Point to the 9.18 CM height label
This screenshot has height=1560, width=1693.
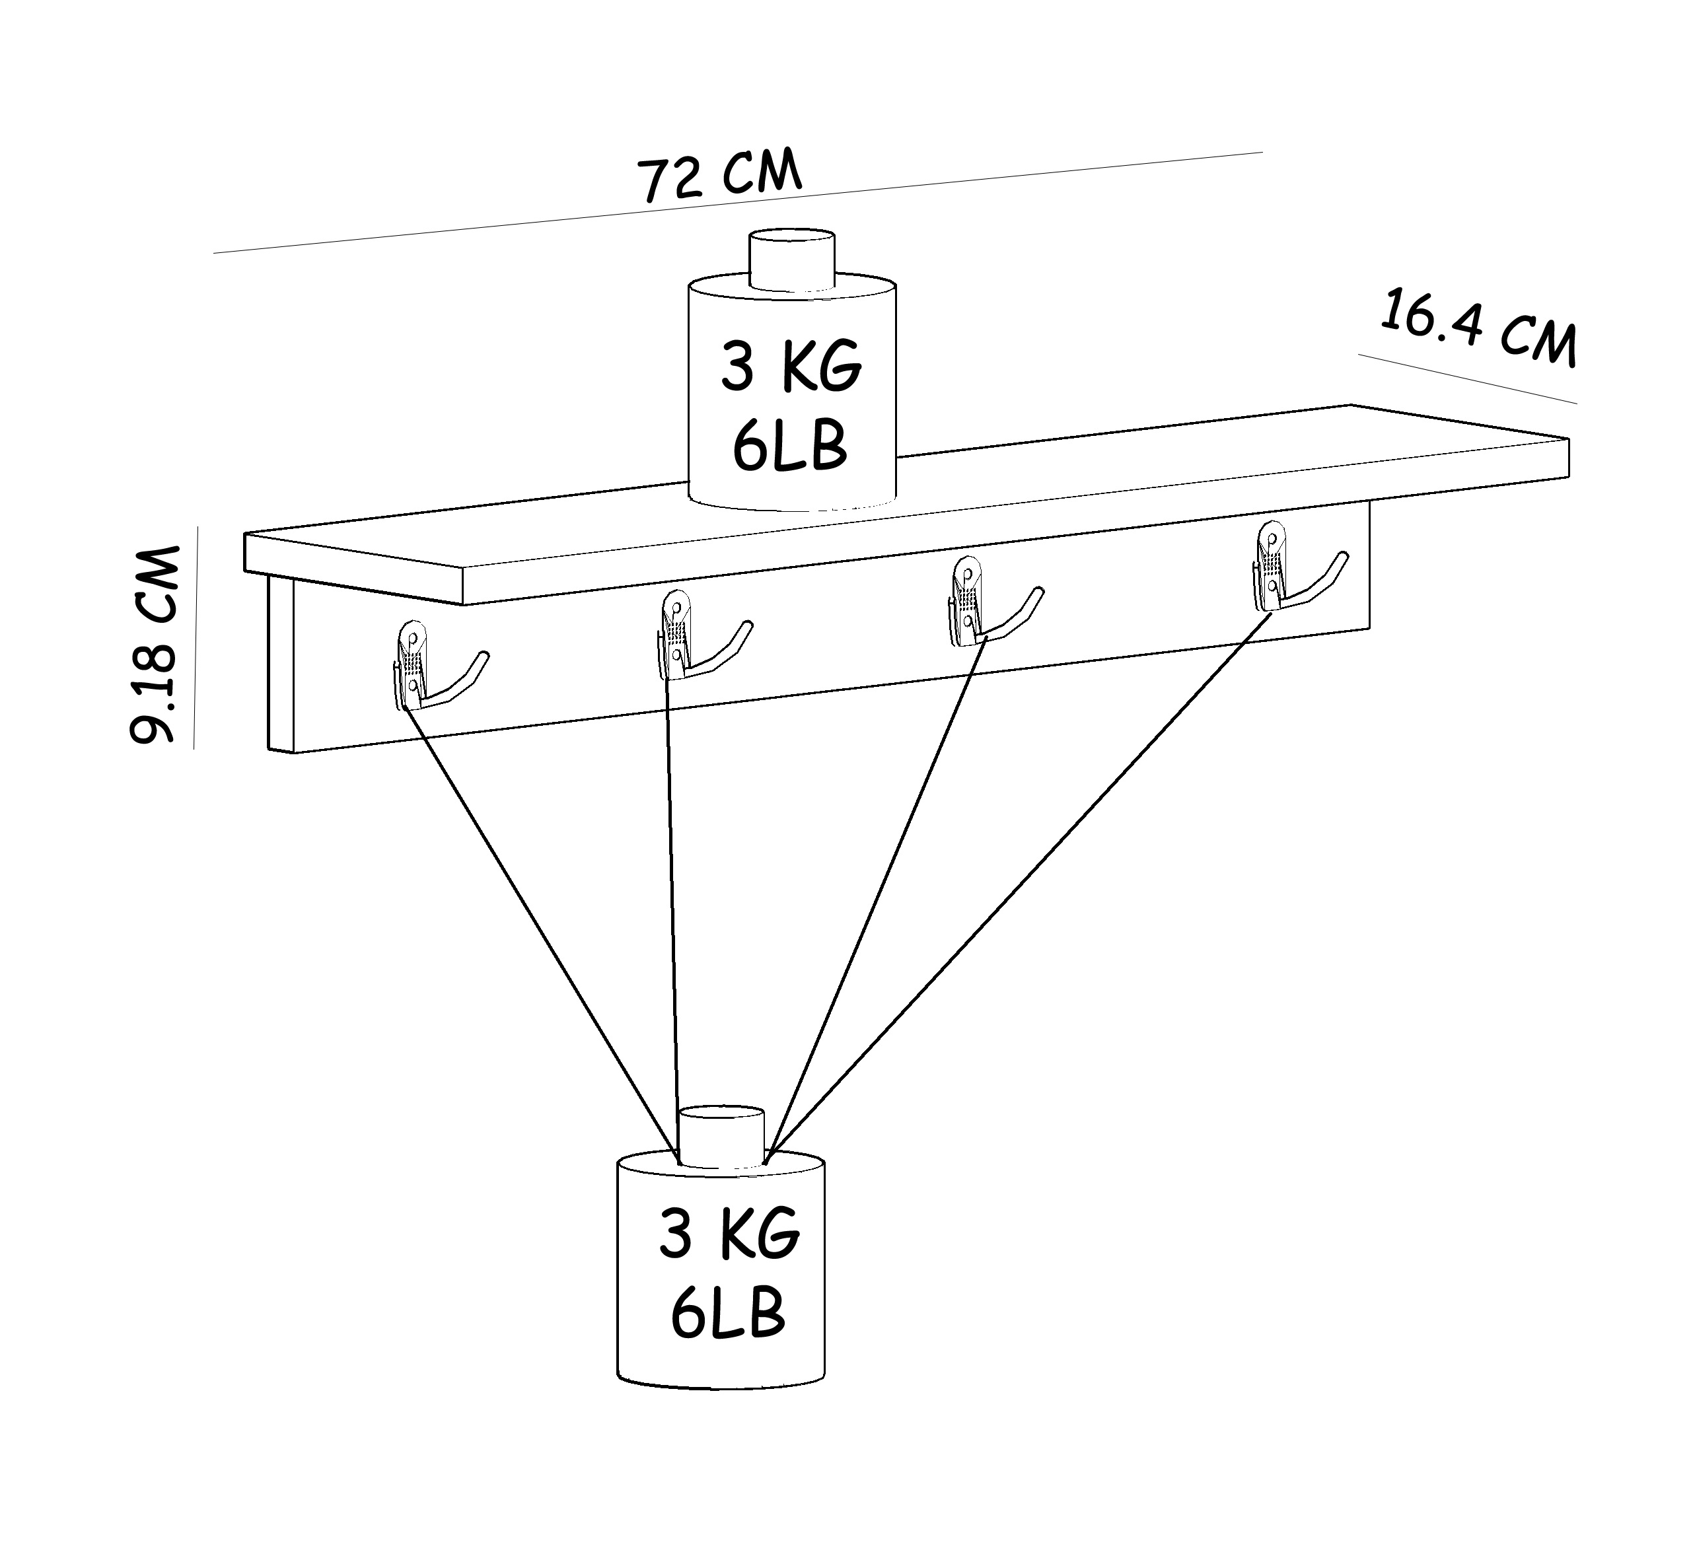(x=155, y=644)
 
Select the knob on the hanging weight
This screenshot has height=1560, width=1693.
(x=722, y=1137)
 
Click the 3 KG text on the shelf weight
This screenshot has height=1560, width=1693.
(x=791, y=367)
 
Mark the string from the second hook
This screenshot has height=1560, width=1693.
(x=673, y=915)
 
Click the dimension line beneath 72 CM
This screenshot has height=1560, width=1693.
(x=738, y=203)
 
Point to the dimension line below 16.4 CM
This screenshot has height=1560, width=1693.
(x=1468, y=379)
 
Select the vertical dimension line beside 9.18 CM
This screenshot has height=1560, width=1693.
(x=196, y=637)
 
